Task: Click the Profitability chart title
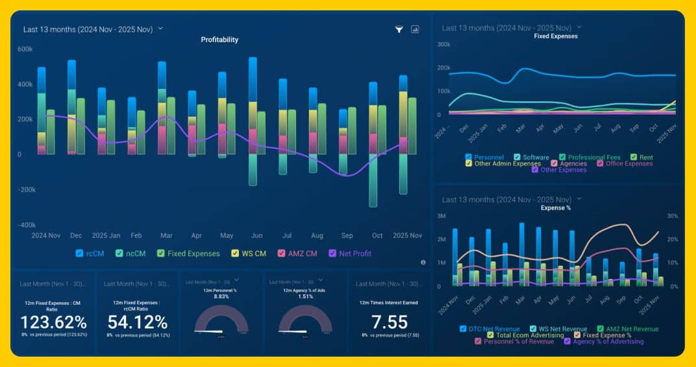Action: [x=219, y=40]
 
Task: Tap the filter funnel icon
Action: [x=399, y=29]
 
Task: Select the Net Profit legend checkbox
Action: [x=333, y=254]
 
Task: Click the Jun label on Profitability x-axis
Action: [x=256, y=235]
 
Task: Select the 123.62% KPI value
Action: [x=53, y=322]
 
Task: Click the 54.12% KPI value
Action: [x=137, y=322]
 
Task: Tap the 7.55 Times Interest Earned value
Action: [x=389, y=322]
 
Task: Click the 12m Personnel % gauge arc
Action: [x=221, y=318]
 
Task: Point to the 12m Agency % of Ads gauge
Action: [x=306, y=318]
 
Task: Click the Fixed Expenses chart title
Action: [x=556, y=36]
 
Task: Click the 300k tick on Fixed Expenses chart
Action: [x=444, y=45]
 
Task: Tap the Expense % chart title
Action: [x=556, y=208]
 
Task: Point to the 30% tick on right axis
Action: [x=673, y=216]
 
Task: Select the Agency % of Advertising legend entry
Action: [x=608, y=342]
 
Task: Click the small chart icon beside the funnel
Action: [x=415, y=29]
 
